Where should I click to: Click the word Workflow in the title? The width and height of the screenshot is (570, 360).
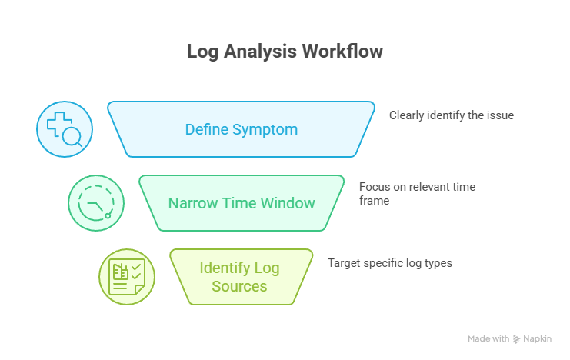(342, 52)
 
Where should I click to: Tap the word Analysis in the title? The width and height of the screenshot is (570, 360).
(259, 52)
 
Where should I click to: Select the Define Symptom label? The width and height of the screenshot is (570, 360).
(241, 129)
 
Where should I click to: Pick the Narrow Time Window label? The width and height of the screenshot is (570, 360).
(242, 203)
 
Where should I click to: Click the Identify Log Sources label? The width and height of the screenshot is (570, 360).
(241, 277)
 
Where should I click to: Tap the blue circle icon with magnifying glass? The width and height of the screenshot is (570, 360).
(65, 129)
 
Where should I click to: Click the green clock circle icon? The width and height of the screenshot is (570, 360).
(95, 203)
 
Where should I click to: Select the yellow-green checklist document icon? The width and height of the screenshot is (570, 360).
(127, 277)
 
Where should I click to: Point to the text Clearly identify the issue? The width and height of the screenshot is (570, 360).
(451, 115)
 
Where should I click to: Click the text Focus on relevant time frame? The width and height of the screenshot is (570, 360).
(417, 193)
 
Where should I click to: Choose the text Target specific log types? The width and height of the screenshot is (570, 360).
(389, 263)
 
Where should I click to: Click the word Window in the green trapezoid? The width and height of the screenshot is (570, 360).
(287, 203)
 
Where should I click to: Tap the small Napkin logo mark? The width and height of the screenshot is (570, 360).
(518, 338)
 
